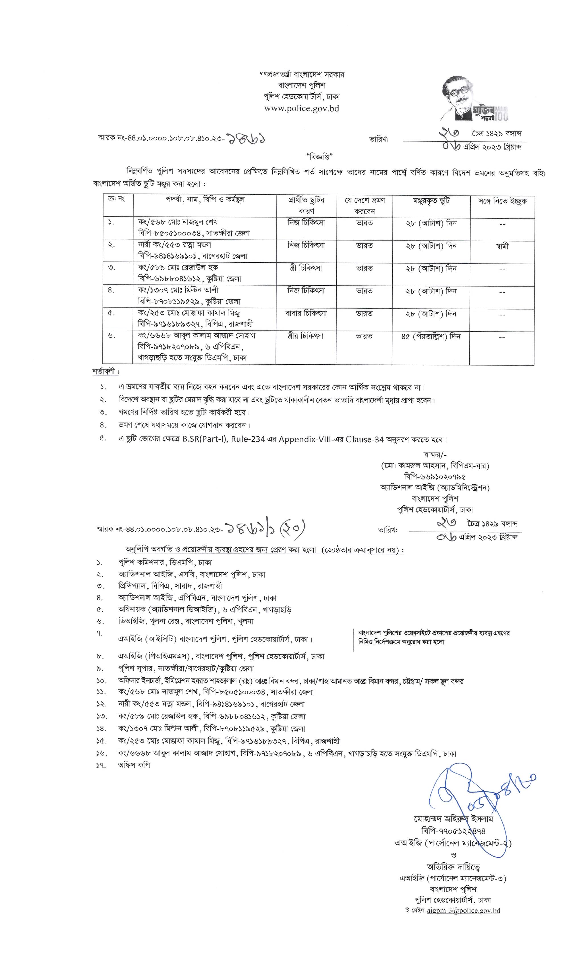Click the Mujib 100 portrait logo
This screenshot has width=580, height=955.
coord(474,98)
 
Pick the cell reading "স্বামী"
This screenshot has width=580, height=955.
coord(502,246)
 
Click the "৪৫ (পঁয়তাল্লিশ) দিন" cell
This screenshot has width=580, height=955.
coord(431,337)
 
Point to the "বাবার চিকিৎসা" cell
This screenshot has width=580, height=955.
coord(306,313)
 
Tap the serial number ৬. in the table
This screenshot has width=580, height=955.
coord(112,336)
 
